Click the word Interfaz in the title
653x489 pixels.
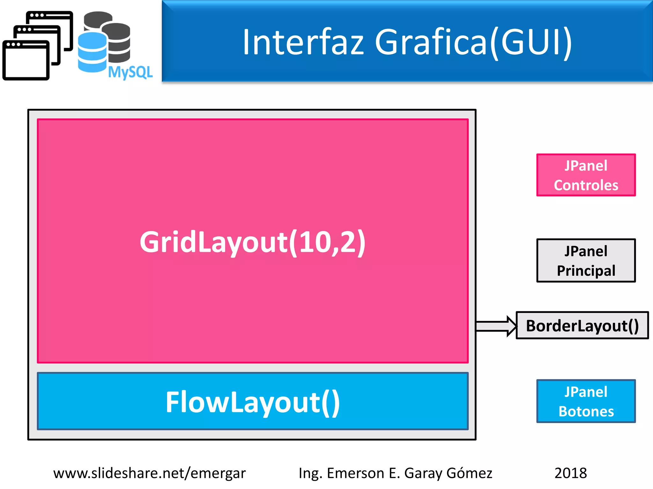coord(303,42)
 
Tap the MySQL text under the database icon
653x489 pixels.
coord(130,72)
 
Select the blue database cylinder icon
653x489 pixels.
coord(92,53)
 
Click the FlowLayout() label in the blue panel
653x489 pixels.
coord(253,402)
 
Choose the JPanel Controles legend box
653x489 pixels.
coord(586,175)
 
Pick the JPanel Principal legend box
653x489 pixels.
coord(586,260)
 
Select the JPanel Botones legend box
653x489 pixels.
coord(586,401)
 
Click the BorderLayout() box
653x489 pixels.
coord(582,325)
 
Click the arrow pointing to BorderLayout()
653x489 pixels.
coord(496,326)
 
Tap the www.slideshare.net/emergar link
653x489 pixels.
coord(149,473)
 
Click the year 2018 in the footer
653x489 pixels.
coord(570,473)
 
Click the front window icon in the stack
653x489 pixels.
coord(26,60)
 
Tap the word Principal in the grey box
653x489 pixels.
coord(586,271)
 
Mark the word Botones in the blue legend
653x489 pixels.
coord(586,412)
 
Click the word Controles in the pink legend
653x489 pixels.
coord(586,185)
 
